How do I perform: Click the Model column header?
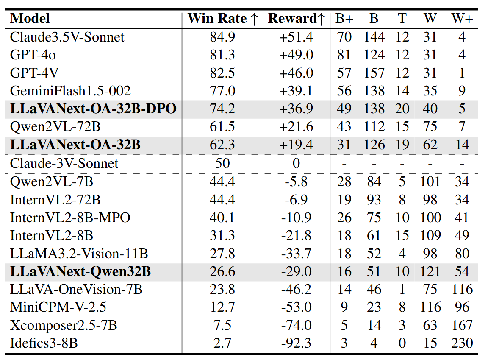click(30, 19)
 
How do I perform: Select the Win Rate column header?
click(222, 19)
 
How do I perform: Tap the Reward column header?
click(296, 19)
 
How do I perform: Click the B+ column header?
click(344, 19)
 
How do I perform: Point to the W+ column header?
click(462, 19)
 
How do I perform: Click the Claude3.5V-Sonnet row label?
click(67, 37)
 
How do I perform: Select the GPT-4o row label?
click(33, 55)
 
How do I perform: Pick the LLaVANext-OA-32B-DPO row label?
click(93, 109)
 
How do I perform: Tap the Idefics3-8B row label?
click(44, 343)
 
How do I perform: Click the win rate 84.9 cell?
click(222, 37)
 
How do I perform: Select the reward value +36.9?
click(296, 109)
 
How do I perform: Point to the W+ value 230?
click(462, 343)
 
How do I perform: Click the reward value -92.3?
click(296, 343)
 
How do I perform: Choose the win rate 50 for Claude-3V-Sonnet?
click(222, 163)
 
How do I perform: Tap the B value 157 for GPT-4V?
click(374, 73)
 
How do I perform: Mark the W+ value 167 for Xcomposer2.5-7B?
click(462, 325)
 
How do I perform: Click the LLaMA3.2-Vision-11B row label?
click(79, 254)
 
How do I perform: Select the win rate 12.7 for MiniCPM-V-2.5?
click(222, 307)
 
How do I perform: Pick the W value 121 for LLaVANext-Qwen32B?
click(430, 271)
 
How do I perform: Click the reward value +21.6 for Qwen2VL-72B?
click(296, 127)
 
